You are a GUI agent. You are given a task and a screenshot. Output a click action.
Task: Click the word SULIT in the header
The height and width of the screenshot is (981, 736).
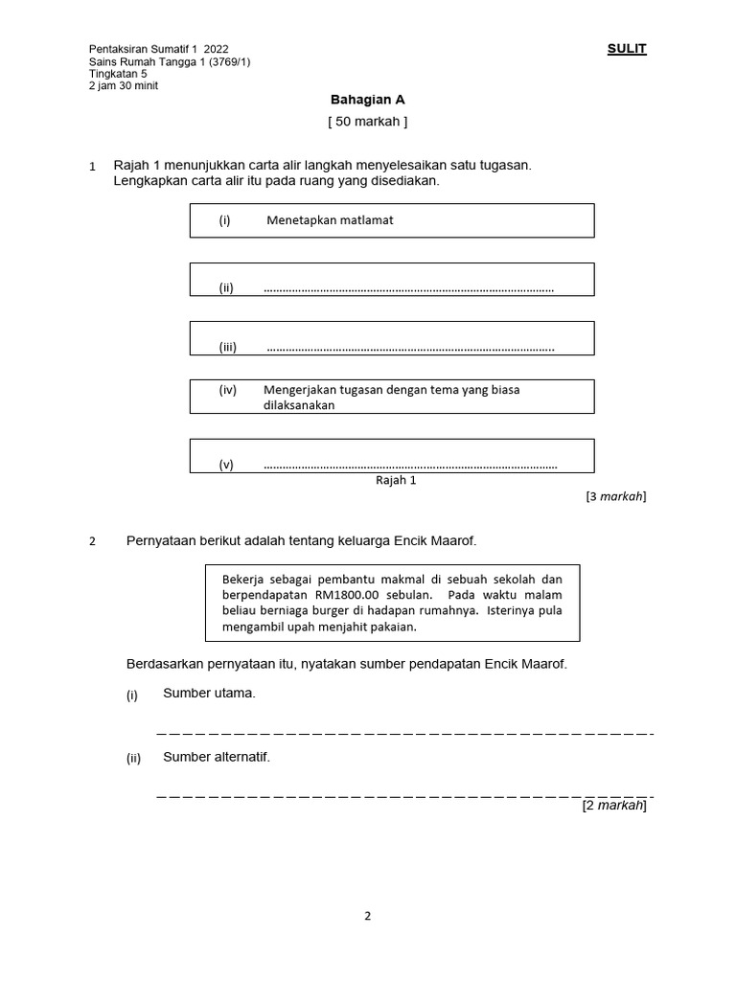click(x=627, y=49)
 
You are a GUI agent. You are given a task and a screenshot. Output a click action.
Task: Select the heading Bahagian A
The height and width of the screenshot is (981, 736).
click(x=361, y=99)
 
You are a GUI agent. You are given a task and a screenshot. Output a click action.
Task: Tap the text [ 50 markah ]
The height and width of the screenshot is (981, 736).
click(x=367, y=122)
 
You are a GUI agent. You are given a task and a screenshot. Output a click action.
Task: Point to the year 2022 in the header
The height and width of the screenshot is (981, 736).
click(x=217, y=49)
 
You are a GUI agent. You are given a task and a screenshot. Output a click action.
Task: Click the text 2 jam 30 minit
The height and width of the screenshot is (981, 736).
click(x=124, y=85)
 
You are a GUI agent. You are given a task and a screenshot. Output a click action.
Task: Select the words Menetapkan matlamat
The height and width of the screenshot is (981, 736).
click(x=330, y=220)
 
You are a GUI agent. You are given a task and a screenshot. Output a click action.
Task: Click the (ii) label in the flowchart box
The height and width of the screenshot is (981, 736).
click(x=226, y=287)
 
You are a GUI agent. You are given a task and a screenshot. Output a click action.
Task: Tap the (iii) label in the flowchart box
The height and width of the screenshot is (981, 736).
click(x=228, y=347)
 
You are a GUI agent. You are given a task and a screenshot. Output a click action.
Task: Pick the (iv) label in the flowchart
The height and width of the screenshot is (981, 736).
click(x=228, y=390)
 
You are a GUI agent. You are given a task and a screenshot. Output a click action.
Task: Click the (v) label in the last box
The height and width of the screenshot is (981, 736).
click(x=226, y=465)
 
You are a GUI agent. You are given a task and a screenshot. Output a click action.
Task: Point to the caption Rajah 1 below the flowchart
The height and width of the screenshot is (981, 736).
click(x=395, y=481)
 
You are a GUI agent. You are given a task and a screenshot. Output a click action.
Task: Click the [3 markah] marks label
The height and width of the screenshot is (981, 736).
click(x=615, y=496)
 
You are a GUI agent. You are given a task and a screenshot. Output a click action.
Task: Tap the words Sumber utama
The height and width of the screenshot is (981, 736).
click(x=209, y=693)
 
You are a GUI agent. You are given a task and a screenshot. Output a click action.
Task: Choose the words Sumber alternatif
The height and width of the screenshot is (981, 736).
click(x=217, y=757)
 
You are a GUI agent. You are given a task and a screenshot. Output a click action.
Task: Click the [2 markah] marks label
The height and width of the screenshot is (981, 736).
click(x=614, y=806)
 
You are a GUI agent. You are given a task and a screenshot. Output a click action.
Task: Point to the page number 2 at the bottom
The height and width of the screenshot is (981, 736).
click(x=367, y=915)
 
